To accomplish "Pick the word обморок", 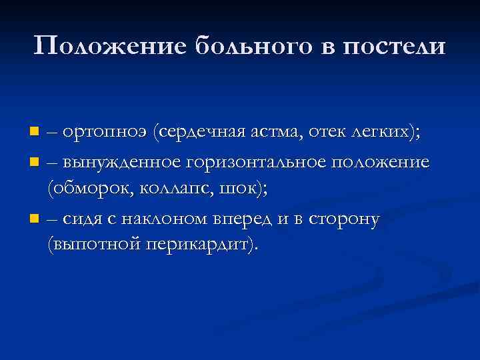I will (90, 189).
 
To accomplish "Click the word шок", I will (243, 189).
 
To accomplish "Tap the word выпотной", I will (94, 245).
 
